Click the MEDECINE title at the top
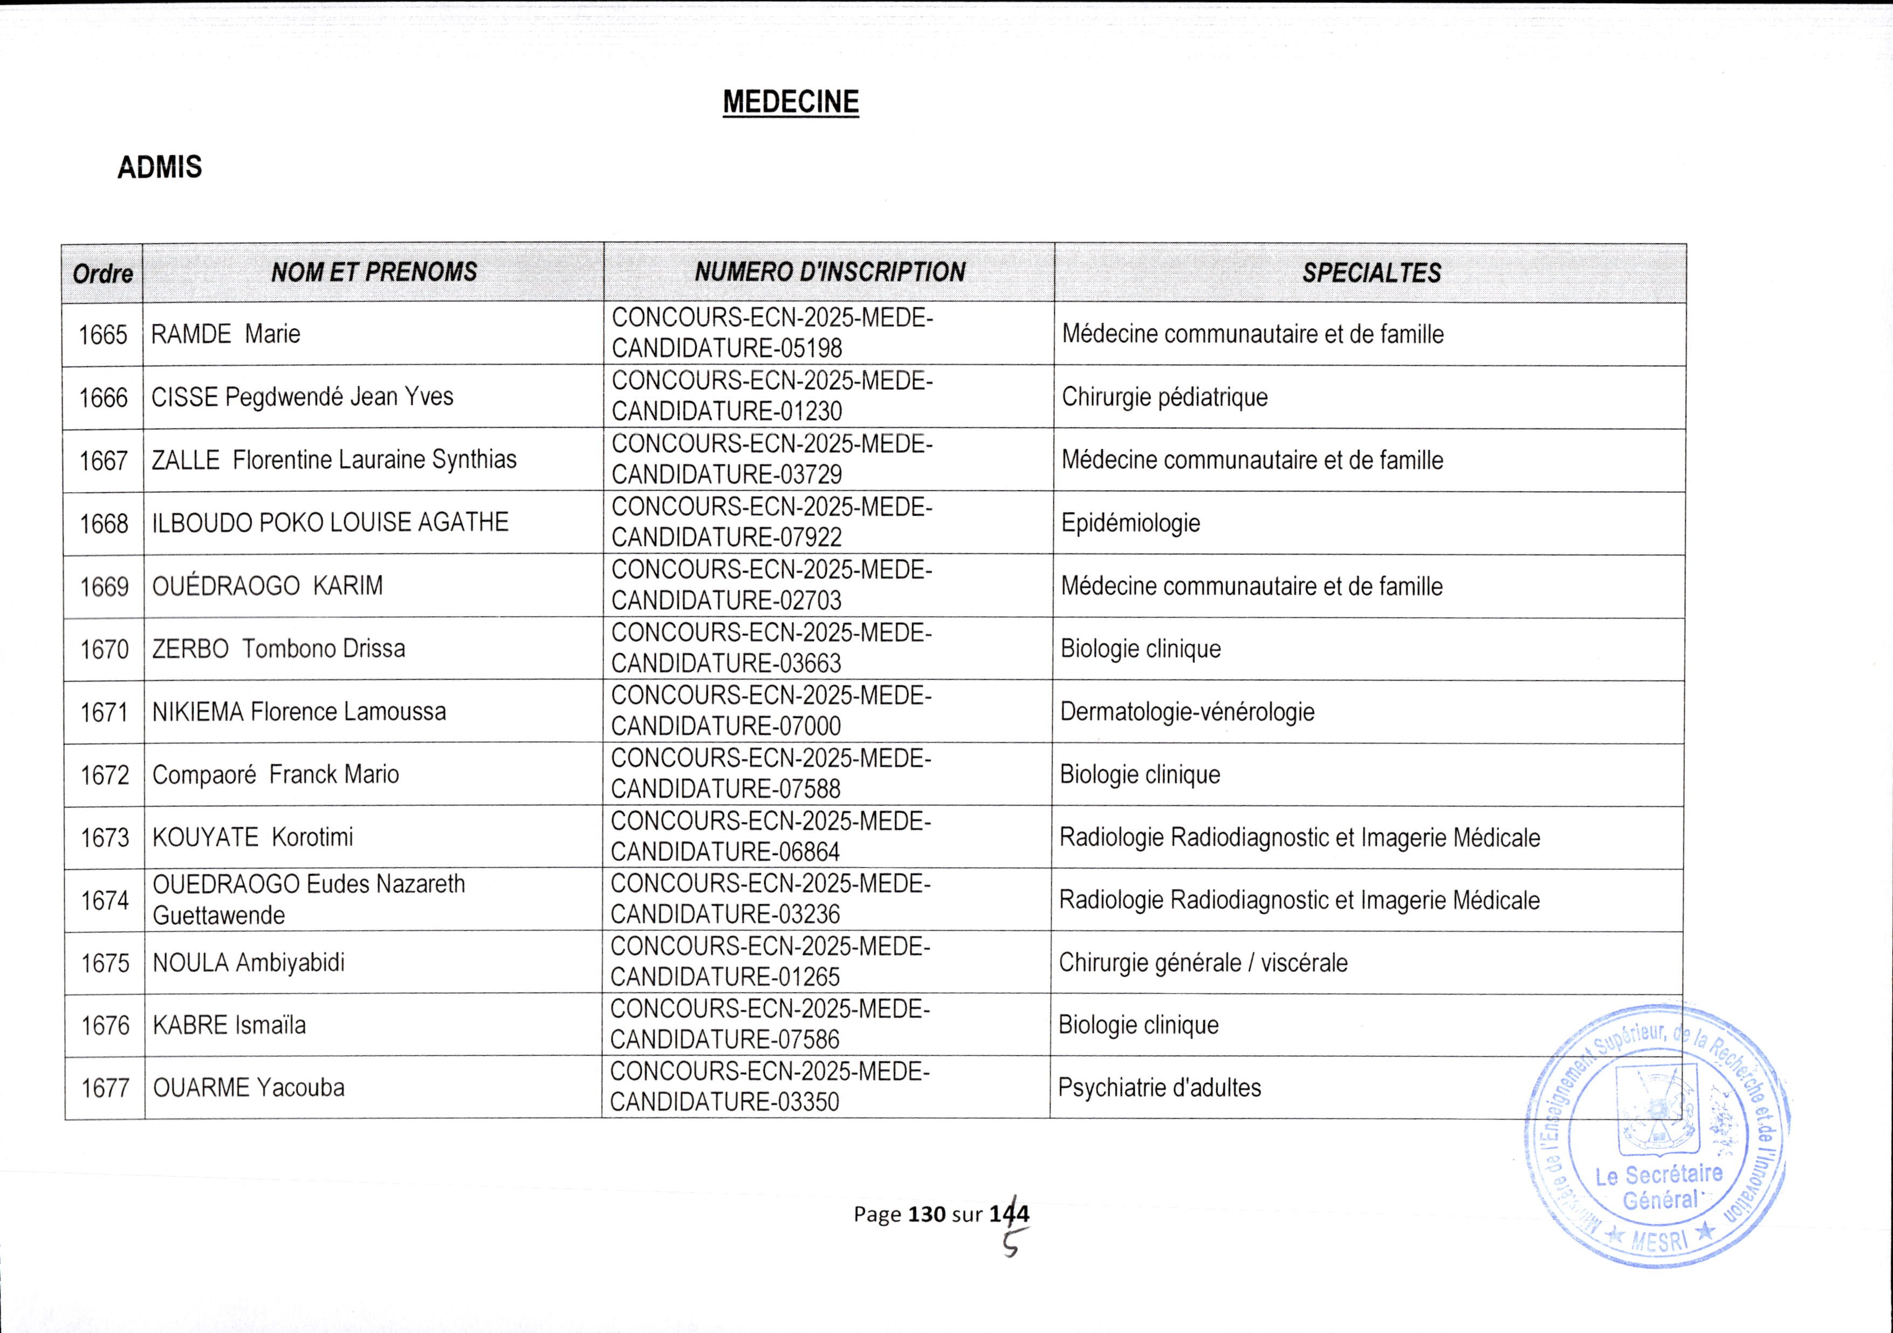(791, 102)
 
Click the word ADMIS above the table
(159, 167)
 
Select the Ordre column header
(102, 273)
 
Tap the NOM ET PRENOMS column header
(374, 272)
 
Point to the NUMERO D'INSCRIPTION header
(829, 272)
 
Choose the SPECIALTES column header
(1371, 273)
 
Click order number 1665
(103, 335)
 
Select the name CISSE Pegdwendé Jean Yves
(302, 396)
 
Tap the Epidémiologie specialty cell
(1130, 523)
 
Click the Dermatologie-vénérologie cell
(1186, 711)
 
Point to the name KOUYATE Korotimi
(252, 837)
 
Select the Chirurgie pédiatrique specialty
(1164, 396)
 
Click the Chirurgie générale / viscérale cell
(1203, 962)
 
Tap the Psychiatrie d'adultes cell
(1159, 1087)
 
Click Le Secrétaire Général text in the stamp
(1659, 1187)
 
